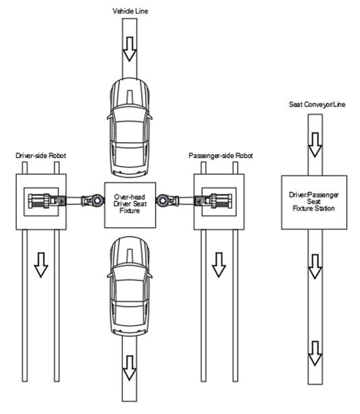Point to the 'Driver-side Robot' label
(42, 155)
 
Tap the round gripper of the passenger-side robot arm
(163, 201)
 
